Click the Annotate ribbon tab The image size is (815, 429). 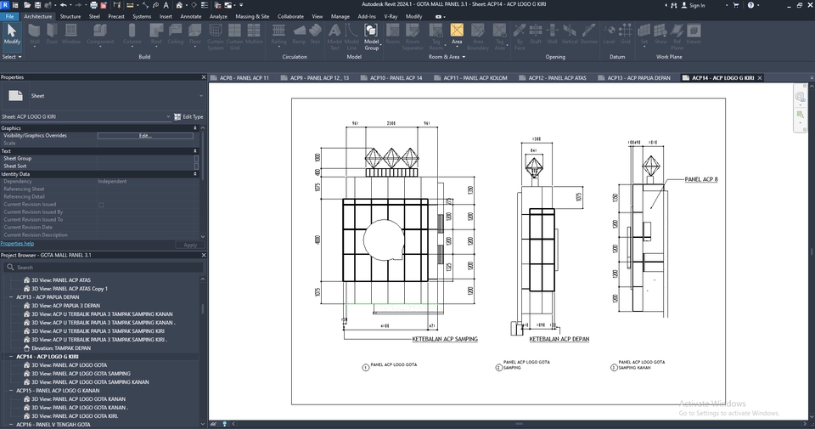(191, 16)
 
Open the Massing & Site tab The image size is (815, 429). (252, 16)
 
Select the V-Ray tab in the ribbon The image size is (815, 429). (391, 16)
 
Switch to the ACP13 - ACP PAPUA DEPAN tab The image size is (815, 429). (639, 78)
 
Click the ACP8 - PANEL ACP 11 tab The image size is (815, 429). (244, 78)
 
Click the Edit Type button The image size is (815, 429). (188, 116)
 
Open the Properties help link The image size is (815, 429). (18, 244)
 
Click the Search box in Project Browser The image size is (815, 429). (102, 267)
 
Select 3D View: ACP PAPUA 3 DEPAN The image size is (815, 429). (66, 306)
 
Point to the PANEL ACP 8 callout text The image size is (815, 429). (701, 180)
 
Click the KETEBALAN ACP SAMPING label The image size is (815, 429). (445, 339)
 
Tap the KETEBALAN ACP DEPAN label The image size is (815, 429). (559, 339)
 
